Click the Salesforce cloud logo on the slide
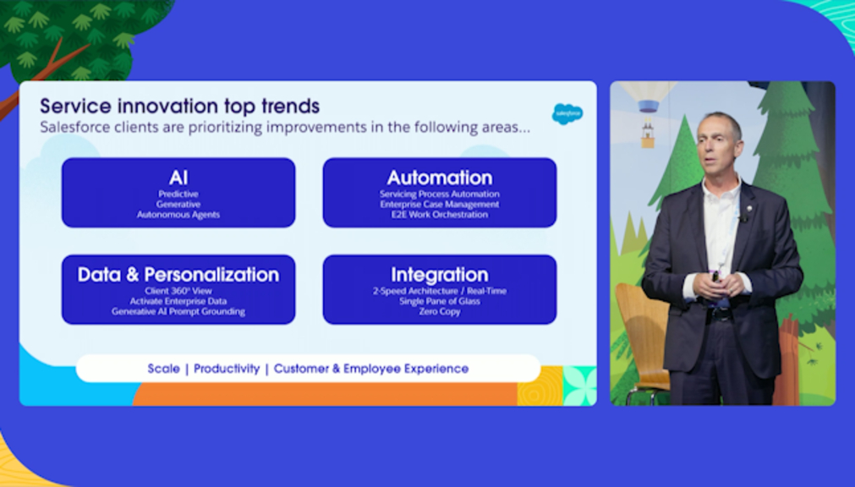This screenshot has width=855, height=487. coord(567,113)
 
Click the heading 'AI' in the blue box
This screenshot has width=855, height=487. coord(178,178)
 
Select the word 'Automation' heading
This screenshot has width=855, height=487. coord(440,178)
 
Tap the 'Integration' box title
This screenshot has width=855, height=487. coord(440,275)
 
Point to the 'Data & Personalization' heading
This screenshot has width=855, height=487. coord(178,274)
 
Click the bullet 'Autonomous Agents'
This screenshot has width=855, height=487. coord(178,215)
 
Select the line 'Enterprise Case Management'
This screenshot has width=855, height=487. coord(440,205)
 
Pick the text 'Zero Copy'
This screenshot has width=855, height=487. coord(440,312)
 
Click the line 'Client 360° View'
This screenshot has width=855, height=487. coord(178,291)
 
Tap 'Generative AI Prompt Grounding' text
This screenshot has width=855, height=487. coord(178,312)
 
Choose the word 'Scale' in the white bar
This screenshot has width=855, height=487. coord(163,369)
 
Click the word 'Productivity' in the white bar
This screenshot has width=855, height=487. coord(227,369)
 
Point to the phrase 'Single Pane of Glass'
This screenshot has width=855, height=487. coord(440,302)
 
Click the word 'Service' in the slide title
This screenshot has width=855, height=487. coord(76,106)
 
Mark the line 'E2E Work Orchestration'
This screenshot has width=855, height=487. coord(440,215)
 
